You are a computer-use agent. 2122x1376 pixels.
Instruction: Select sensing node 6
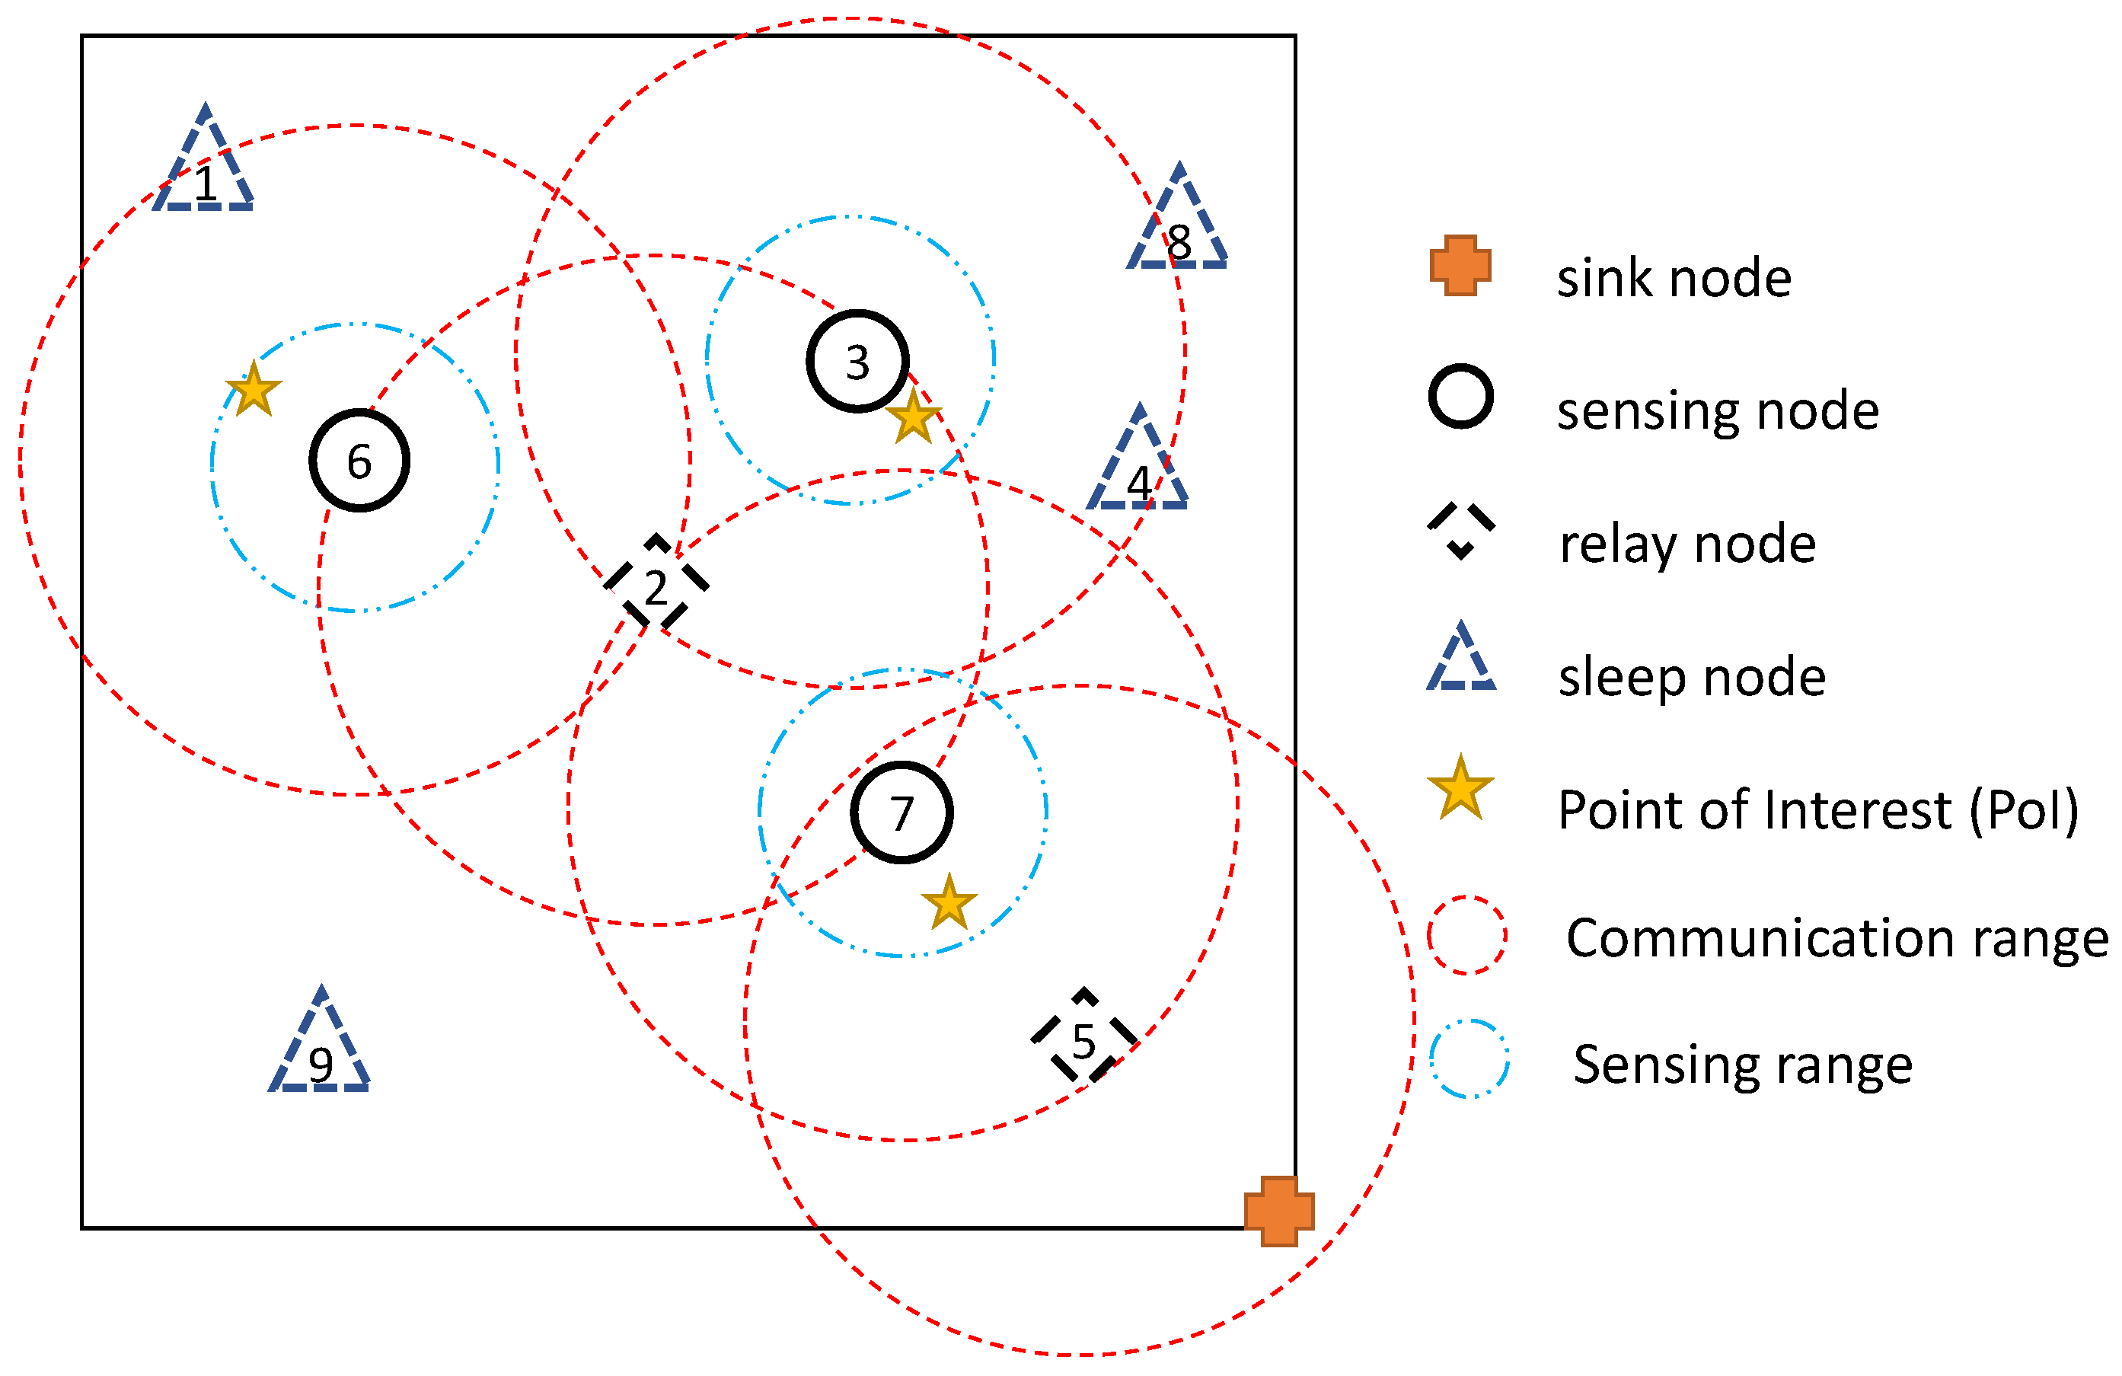pyautogui.click(x=359, y=460)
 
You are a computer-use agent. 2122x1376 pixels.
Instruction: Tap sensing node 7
pyautogui.click(x=901, y=813)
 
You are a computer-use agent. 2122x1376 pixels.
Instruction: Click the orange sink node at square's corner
pyautogui.click(x=1278, y=1211)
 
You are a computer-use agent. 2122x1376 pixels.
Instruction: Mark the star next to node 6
pyautogui.click(x=254, y=390)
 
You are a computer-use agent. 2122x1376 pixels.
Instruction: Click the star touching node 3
pyautogui.click(x=914, y=417)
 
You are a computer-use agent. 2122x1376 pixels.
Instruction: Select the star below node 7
pyautogui.click(x=949, y=903)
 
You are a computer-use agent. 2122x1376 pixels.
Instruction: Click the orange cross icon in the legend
pyautogui.click(x=1460, y=265)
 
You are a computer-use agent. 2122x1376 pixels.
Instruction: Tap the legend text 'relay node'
pyautogui.click(x=1687, y=543)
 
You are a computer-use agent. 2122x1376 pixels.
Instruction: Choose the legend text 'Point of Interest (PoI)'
pyautogui.click(x=1818, y=809)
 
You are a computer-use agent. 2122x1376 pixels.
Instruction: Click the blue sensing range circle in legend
pyautogui.click(x=1469, y=1058)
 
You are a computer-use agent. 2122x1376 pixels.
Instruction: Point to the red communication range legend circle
pyautogui.click(x=1466, y=935)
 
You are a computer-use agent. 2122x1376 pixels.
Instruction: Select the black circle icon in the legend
pyautogui.click(x=1460, y=396)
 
